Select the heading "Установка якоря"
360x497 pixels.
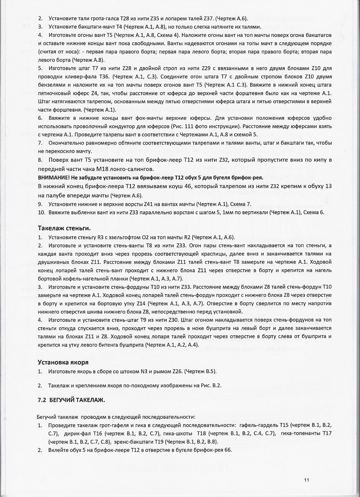(x=63, y=362)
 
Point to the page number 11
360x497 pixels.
(x=307, y=480)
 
